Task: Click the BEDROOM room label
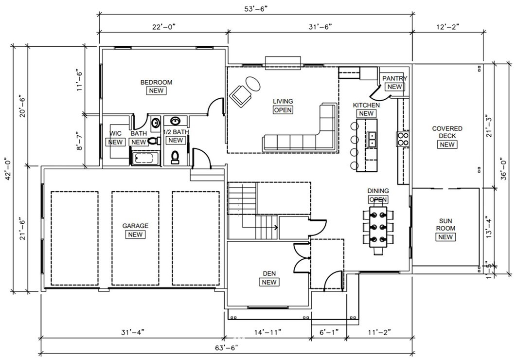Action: click(156, 82)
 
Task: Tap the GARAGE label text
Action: click(135, 226)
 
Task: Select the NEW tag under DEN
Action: click(269, 282)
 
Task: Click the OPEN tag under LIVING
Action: click(283, 110)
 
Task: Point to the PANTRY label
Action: click(394, 78)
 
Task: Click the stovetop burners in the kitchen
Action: click(403, 139)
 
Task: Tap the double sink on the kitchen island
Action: click(372, 139)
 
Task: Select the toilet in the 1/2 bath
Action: click(175, 157)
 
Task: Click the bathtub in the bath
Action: click(145, 158)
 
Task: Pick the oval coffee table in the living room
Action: click(253, 84)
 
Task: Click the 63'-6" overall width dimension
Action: click(227, 348)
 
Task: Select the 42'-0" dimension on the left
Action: click(7, 168)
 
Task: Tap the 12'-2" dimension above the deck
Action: click(447, 27)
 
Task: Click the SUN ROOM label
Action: click(445, 224)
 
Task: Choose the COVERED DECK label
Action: click(447, 132)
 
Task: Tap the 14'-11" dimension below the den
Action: click(267, 332)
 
